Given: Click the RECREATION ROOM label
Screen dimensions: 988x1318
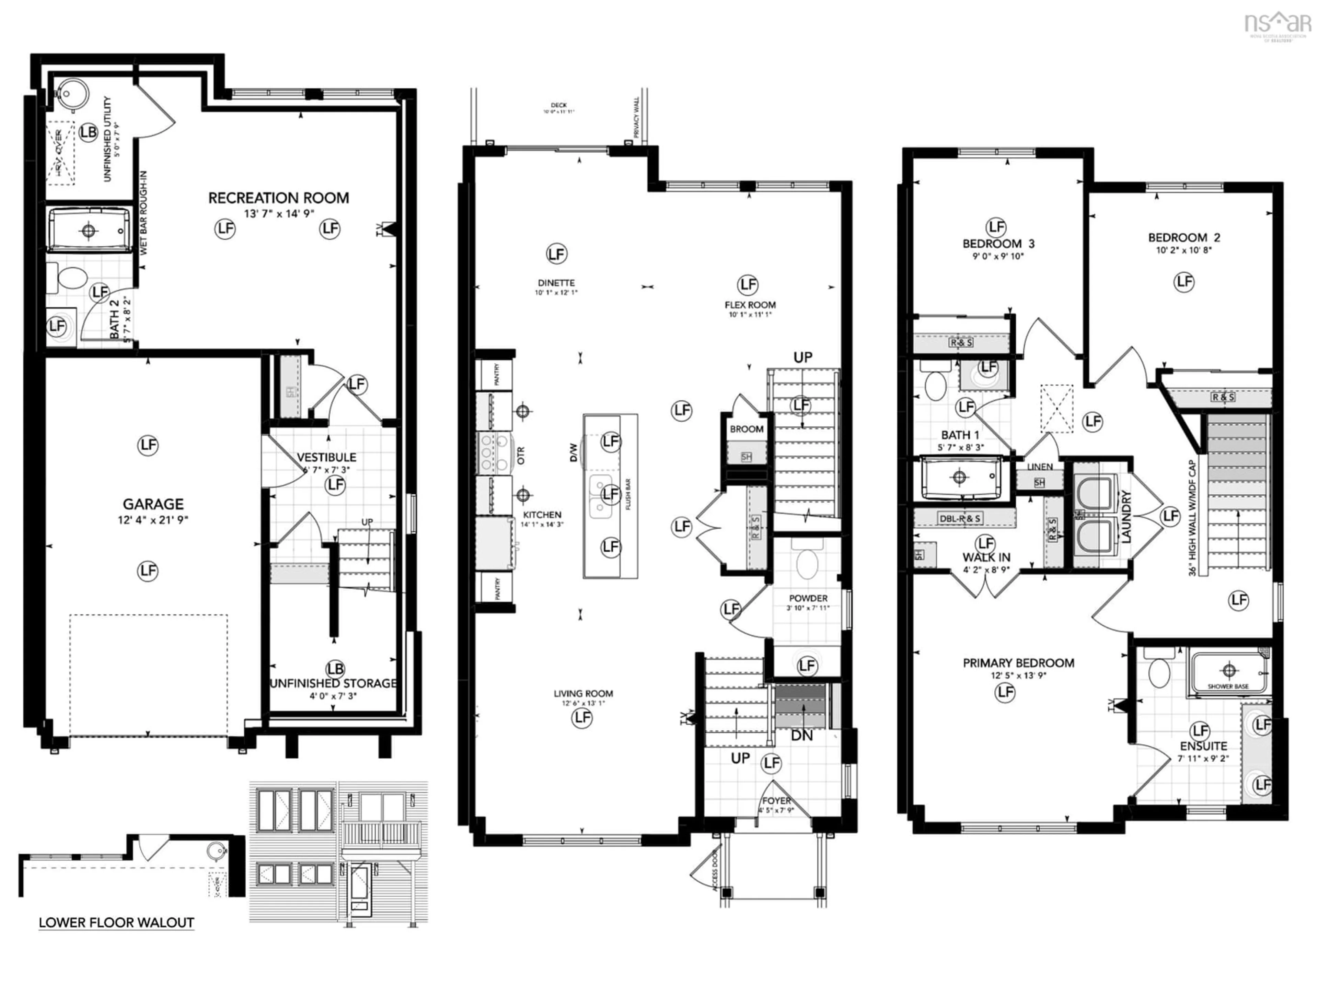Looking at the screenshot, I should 278,198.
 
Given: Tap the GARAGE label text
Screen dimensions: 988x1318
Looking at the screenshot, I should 153,504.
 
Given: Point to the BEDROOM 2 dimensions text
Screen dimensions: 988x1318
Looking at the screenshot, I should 1184,250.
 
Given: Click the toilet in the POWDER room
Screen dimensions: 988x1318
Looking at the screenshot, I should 807,563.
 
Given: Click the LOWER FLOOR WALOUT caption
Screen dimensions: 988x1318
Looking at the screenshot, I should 116,922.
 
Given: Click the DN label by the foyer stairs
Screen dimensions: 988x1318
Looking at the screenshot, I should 801,736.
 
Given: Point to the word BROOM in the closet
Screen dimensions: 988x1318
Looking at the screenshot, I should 746,429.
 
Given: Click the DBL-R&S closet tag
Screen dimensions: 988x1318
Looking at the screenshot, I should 959,518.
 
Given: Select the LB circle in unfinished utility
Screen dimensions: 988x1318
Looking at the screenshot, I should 88,132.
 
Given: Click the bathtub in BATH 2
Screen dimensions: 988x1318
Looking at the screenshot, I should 89,230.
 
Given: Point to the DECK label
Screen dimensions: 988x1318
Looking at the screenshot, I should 558,105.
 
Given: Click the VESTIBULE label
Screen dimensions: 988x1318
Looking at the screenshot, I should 326,457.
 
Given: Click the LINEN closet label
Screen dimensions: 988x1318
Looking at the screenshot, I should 1040,466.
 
